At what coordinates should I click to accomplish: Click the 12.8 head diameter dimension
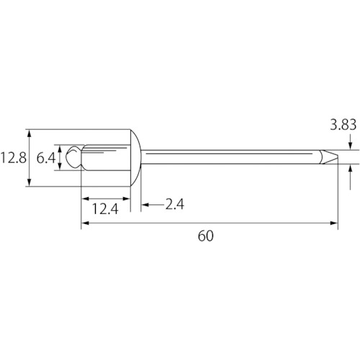tap(13, 158)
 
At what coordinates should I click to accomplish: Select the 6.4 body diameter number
tap(46, 158)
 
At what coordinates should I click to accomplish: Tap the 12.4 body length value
tap(105, 209)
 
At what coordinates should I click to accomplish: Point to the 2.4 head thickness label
tap(175, 204)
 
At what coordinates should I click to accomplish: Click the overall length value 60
tap(206, 236)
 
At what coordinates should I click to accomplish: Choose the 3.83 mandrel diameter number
tap(343, 125)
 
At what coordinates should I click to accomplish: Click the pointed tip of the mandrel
tap(338, 157)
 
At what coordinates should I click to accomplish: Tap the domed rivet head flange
tap(135, 158)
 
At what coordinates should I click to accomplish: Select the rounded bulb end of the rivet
tap(74, 157)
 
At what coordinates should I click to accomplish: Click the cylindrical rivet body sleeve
tap(106, 158)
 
